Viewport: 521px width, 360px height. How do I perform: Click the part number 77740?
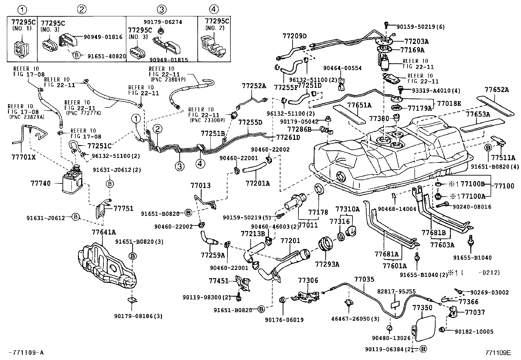(41, 183)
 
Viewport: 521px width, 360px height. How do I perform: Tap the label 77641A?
(104, 232)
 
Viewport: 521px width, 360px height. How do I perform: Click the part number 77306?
(308, 280)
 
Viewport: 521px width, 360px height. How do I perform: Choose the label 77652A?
(497, 89)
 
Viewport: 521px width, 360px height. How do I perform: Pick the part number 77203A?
(417, 42)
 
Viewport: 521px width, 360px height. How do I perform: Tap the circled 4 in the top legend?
(214, 9)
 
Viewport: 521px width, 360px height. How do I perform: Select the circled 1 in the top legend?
(22, 9)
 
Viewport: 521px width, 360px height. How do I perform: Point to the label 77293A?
(327, 263)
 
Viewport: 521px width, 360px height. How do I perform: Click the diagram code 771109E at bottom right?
(498, 353)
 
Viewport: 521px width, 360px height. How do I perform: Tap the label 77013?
(201, 185)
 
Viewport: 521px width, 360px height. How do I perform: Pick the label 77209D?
(295, 36)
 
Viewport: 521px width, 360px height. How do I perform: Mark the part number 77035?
(364, 279)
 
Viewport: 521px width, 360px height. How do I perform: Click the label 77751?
(123, 208)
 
